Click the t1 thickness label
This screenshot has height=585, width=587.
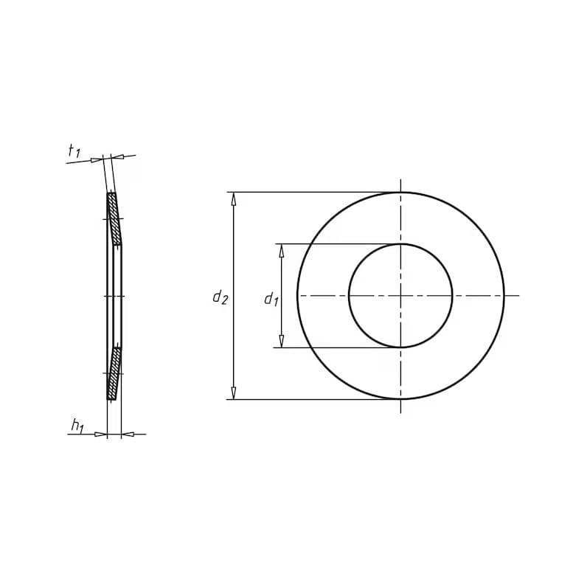click(74, 151)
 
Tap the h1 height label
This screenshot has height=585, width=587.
click(78, 426)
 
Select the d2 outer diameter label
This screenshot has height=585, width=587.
click(220, 297)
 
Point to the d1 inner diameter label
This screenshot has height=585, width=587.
click(271, 300)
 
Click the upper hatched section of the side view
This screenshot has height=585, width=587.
click(114, 218)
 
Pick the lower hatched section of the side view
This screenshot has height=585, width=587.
click(114, 373)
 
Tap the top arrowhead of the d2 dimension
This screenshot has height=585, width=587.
click(234, 199)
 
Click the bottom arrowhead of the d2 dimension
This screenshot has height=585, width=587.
click(234, 393)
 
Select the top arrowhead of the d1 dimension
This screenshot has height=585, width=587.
click(282, 251)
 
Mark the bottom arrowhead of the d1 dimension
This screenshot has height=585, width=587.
click(282, 341)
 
